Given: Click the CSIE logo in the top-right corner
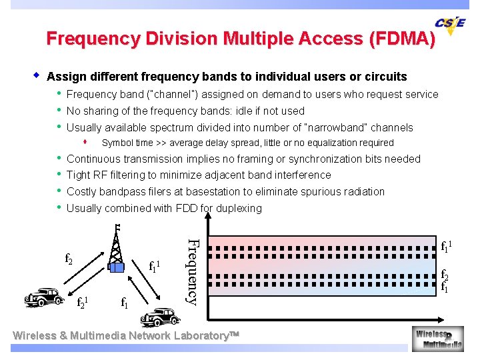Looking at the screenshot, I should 451,25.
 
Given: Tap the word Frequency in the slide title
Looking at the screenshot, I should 90,39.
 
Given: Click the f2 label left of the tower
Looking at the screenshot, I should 69,257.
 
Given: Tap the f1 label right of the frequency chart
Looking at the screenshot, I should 445,288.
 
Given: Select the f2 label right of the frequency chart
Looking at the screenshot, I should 445,274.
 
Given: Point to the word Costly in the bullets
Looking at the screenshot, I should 82,191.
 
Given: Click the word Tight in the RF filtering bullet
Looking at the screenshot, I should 79,175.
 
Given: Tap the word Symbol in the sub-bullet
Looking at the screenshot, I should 117,143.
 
